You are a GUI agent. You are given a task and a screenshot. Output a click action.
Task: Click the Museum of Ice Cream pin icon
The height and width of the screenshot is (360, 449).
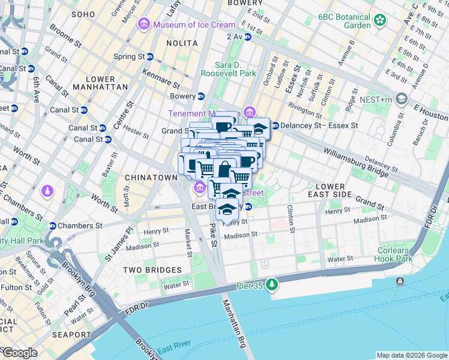point(144,24)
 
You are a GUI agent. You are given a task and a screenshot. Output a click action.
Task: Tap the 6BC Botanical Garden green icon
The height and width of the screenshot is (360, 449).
point(380,21)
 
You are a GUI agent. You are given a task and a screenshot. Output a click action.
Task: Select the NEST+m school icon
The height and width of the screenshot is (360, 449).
point(402,98)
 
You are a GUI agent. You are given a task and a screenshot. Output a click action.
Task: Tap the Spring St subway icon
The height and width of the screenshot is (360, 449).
point(150,57)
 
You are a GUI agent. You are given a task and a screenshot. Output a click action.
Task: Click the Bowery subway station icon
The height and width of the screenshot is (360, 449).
point(201,96)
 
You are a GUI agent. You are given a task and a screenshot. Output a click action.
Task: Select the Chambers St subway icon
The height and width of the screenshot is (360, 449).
point(53,226)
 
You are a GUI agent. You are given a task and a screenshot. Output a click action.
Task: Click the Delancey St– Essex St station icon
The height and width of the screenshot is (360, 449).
point(276,125)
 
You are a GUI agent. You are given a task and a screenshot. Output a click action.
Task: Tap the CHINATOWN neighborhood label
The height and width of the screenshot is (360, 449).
point(151,178)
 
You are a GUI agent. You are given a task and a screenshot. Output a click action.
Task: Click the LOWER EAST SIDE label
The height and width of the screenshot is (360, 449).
point(341,191)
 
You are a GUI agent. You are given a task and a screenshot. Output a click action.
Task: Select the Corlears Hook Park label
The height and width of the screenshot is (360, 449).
point(395,255)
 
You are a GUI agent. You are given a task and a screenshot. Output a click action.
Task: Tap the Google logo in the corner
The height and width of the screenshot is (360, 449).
point(19,352)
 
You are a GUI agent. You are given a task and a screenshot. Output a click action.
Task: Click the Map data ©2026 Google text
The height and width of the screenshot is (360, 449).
point(411,355)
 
